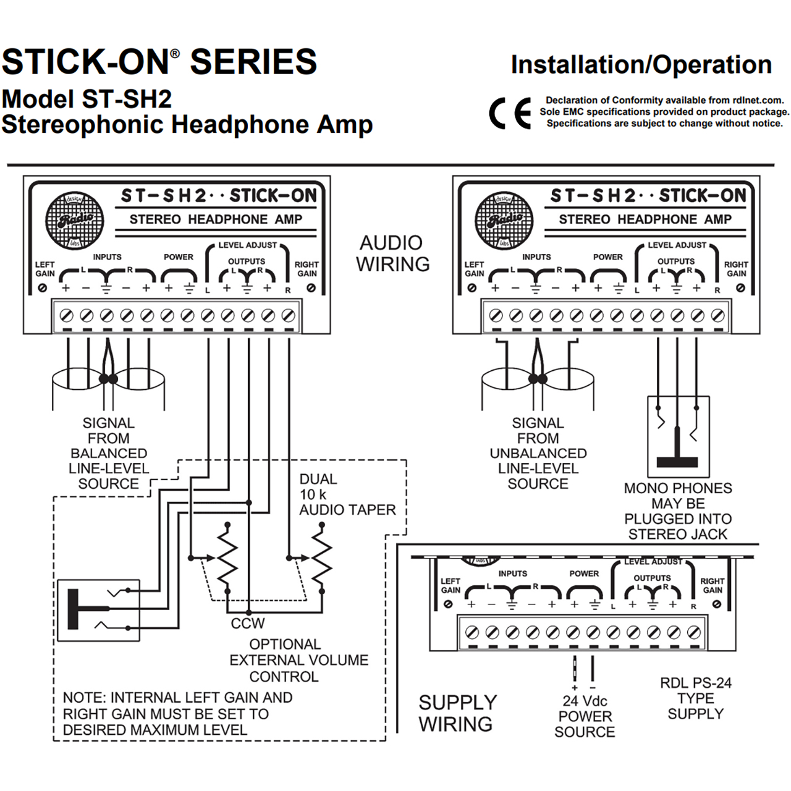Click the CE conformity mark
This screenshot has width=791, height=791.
[x=509, y=113]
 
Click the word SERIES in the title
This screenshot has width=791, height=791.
[x=253, y=62]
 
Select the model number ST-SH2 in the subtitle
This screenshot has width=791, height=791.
[x=127, y=99]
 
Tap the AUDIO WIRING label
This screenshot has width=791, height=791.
[x=392, y=254]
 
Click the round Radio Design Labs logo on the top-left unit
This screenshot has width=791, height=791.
[x=74, y=221]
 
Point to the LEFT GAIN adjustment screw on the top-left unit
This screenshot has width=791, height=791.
[x=42, y=288]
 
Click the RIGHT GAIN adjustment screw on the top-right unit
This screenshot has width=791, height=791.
[x=740, y=288]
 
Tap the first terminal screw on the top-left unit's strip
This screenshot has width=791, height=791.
[x=67, y=316]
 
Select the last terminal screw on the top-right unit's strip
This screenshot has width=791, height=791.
[x=717, y=316]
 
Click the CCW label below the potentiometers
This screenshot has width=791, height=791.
[x=248, y=624]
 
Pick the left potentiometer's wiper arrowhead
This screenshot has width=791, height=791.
[x=211, y=558]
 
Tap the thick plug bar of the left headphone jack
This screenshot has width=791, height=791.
[x=73, y=609]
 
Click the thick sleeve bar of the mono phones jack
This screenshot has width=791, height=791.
[x=677, y=462]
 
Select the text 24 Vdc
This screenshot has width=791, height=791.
[x=585, y=701]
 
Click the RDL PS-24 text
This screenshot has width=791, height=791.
[x=696, y=683]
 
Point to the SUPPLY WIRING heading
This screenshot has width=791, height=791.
[x=457, y=713]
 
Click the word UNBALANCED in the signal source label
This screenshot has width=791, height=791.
[x=538, y=453]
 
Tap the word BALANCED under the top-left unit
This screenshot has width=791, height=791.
[x=109, y=453]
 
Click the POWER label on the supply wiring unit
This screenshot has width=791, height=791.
[x=584, y=573]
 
